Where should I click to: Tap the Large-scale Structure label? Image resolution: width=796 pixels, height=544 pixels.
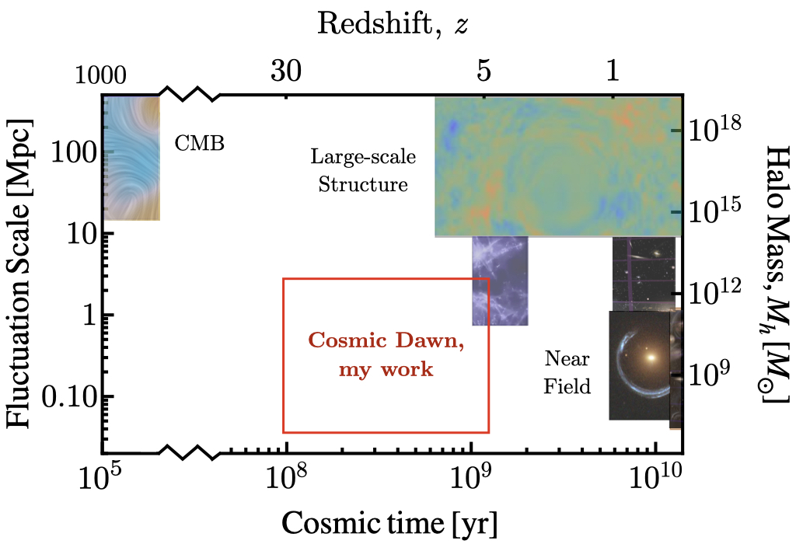[x=363, y=171]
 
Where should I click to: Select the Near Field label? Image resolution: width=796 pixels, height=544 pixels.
[x=567, y=371]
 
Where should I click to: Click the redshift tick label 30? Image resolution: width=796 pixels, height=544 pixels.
[x=287, y=72]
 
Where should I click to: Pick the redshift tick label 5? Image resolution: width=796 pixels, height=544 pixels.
[x=483, y=72]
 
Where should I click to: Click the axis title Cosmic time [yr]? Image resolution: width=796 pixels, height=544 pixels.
[x=389, y=520]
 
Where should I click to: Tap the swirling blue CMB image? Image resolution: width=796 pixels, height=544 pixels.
[x=131, y=157]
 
